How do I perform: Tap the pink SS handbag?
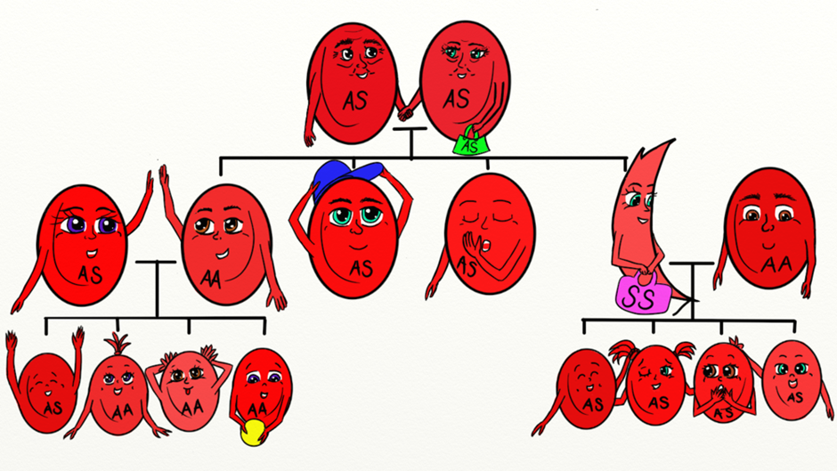pos(642,294)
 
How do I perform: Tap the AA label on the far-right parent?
pos(776,264)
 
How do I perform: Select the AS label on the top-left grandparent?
pos(355,100)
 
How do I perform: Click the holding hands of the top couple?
pos(406,113)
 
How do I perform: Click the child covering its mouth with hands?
pos(723,382)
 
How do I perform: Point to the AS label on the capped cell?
pos(361,268)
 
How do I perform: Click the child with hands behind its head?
pos(188,387)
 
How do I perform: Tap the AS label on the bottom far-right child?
pos(795,397)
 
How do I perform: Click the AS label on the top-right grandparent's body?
pos(457,100)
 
